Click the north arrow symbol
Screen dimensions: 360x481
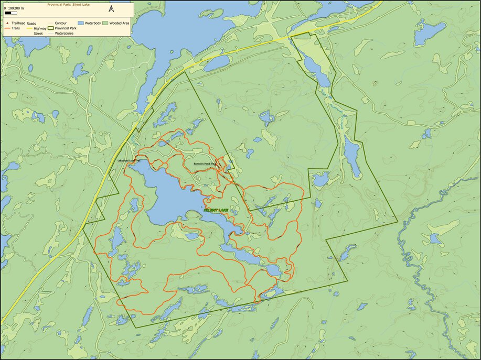[x=111, y=9]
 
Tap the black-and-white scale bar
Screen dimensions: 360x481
[x=11, y=13]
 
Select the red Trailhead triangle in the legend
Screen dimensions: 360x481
[x=6, y=24]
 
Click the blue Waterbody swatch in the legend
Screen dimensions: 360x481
[x=81, y=24]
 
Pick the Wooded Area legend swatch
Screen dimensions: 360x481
[x=105, y=24]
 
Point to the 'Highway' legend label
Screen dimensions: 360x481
[x=40, y=28]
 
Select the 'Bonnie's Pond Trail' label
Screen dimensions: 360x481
[x=205, y=164]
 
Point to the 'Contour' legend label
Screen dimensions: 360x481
[x=60, y=24]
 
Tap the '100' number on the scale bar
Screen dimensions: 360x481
[x=11, y=8]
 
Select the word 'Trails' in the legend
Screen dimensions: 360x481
[x=17, y=28]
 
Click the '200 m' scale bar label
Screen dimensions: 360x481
[x=19, y=8]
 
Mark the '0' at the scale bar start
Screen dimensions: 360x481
[x=5, y=8]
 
